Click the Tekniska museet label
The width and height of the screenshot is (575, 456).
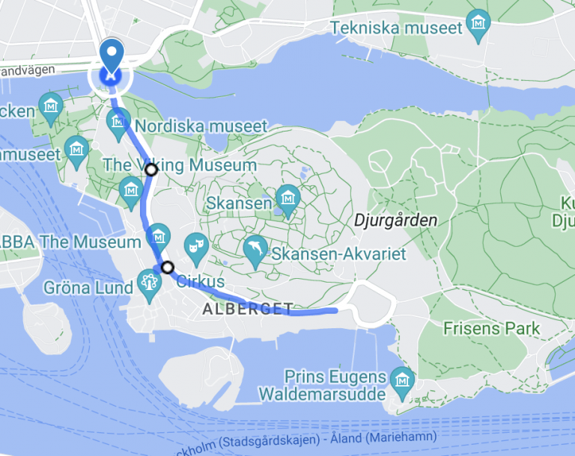(396, 28)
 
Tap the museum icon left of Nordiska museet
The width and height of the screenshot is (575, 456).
(118, 123)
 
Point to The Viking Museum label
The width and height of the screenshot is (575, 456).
(180, 164)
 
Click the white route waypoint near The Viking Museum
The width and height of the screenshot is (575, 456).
(151, 170)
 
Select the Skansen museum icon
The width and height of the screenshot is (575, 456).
(287, 199)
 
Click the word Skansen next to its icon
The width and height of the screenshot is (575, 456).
(238, 203)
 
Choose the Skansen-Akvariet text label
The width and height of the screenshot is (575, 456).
(338, 254)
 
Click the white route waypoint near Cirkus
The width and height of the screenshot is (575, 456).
(168, 267)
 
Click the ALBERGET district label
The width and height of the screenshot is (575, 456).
(246, 309)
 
